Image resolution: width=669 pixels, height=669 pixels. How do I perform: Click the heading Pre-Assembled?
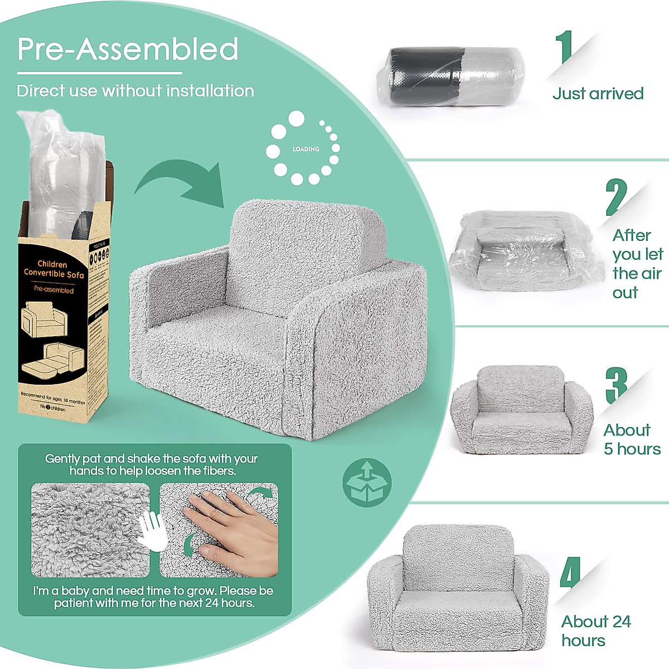(128, 49)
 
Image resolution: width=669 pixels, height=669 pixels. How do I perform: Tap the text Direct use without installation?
(135, 91)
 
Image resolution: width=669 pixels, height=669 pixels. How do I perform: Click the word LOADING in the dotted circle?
(306, 149)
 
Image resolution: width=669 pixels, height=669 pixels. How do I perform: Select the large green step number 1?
(566, 48)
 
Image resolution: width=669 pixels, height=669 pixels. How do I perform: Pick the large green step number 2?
(615, 198)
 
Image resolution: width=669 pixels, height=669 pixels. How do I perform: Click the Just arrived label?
(598, 93)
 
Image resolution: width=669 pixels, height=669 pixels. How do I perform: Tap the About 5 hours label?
(632, 439)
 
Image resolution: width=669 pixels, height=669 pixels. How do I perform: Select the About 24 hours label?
(595, 631)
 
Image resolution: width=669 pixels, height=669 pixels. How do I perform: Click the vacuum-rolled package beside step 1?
(456, 76)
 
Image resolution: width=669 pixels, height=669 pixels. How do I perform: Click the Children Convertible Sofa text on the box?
(54, 269)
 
